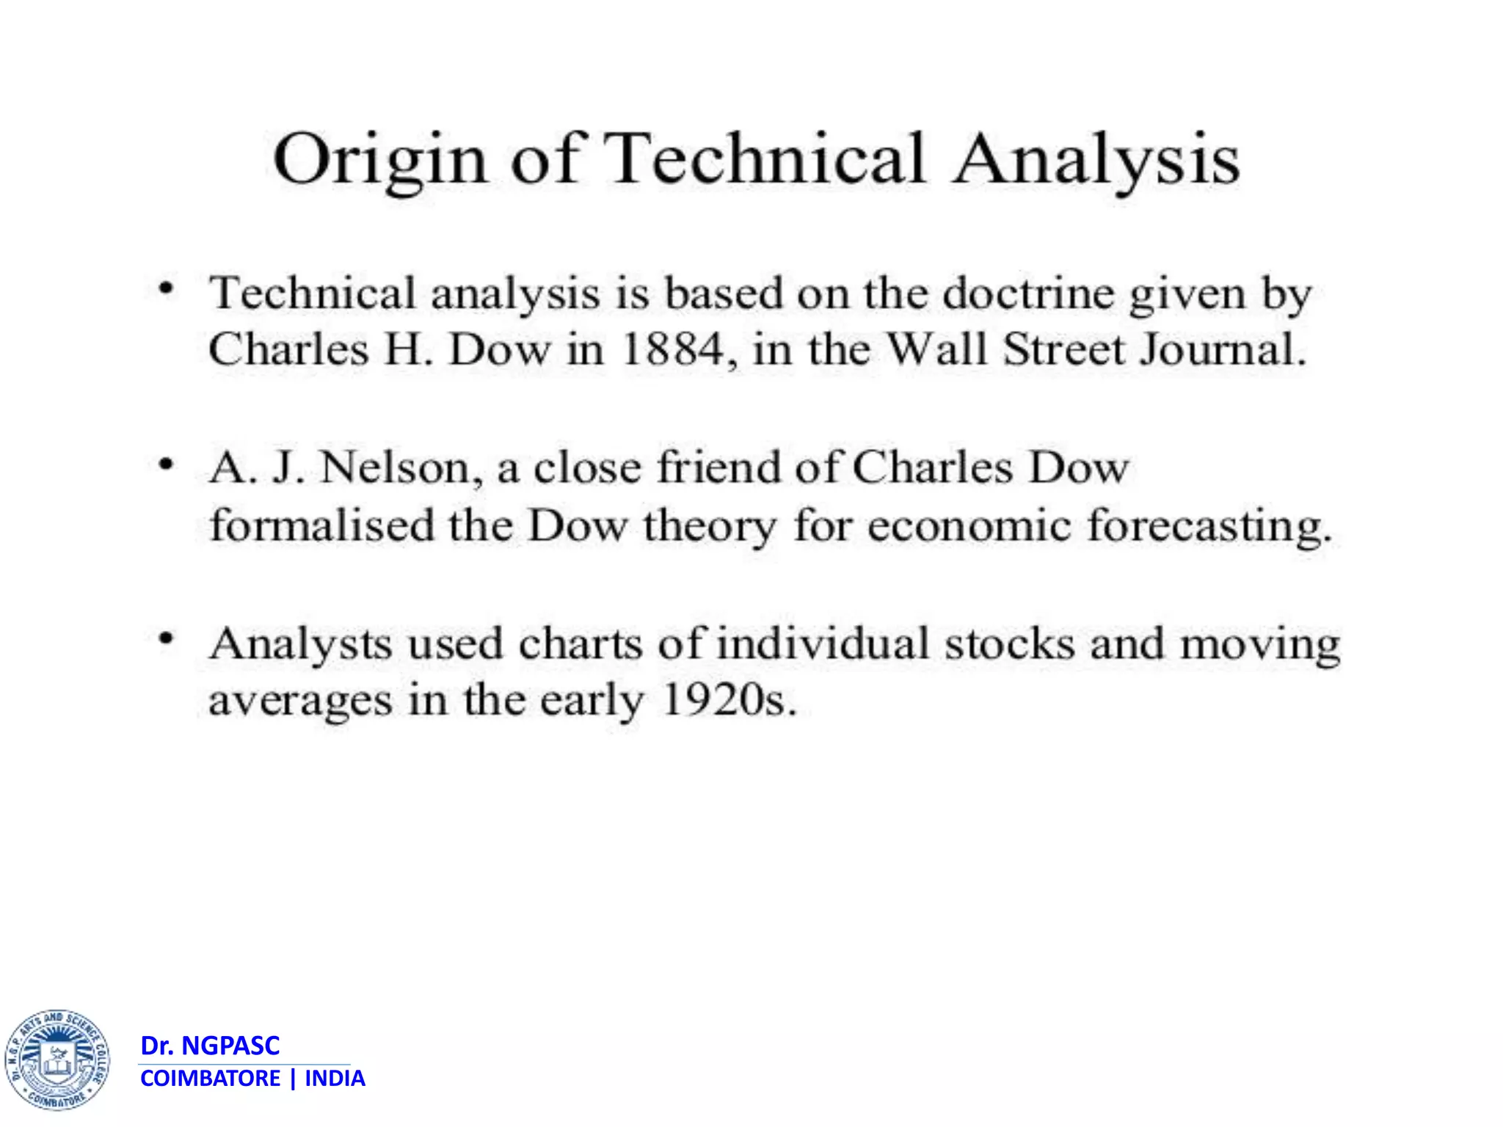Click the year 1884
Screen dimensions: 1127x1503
coord(672,349)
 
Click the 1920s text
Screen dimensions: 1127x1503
coord(728,700)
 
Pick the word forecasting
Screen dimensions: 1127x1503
coord(1209,527)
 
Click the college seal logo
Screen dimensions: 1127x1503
coord(57,1059)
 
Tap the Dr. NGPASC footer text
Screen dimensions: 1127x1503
coord(210,1046)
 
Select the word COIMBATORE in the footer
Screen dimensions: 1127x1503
coord(210,1079)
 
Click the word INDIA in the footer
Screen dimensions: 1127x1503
coord(335,1079)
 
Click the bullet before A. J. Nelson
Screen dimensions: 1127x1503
coord(167,464)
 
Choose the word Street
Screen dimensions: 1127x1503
coord(1063,349)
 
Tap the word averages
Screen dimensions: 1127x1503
coord(300,701)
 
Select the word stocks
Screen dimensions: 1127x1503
coord(1009,644)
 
